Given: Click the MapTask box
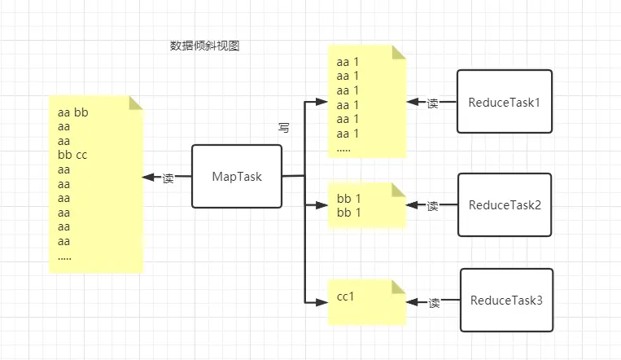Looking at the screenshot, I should tap(237, 176).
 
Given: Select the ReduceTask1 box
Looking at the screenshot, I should tap(505, 102).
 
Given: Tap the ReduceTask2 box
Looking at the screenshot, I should tap(505, 204).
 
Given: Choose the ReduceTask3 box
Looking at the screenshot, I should tap(506, 300).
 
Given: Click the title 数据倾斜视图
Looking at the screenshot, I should tap(199, 46).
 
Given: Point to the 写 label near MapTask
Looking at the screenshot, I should tap(284, 128).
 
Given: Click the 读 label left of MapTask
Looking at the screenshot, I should tap(168, 178).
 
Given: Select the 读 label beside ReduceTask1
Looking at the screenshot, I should tap(433, 103).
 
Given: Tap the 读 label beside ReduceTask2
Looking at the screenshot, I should tap(433, 205).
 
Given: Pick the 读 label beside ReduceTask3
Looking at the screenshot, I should tap(435, 302).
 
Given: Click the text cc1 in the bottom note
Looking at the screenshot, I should tap(346, 296).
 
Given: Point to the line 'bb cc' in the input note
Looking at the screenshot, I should tap(73, 154).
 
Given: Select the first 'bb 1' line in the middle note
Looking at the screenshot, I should tap(348, 198).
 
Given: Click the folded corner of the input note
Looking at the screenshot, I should tap(136, 102).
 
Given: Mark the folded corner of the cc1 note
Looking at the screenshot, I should tap(399, 286).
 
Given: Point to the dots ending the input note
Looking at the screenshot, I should tap(65, 257).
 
